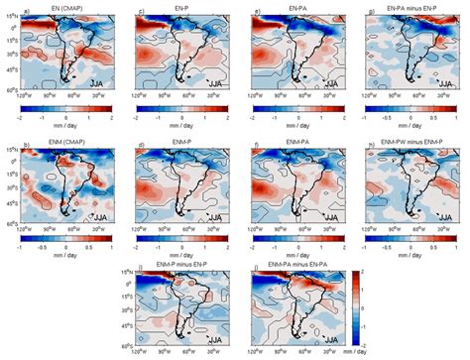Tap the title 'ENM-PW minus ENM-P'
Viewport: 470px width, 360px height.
[x=411, y=146]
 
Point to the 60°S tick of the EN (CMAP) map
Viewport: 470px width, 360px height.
[x=11, y=90]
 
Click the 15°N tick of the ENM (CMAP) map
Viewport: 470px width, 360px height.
[x=11, y=151]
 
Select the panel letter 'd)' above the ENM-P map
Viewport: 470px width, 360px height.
[x=141, y=146]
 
